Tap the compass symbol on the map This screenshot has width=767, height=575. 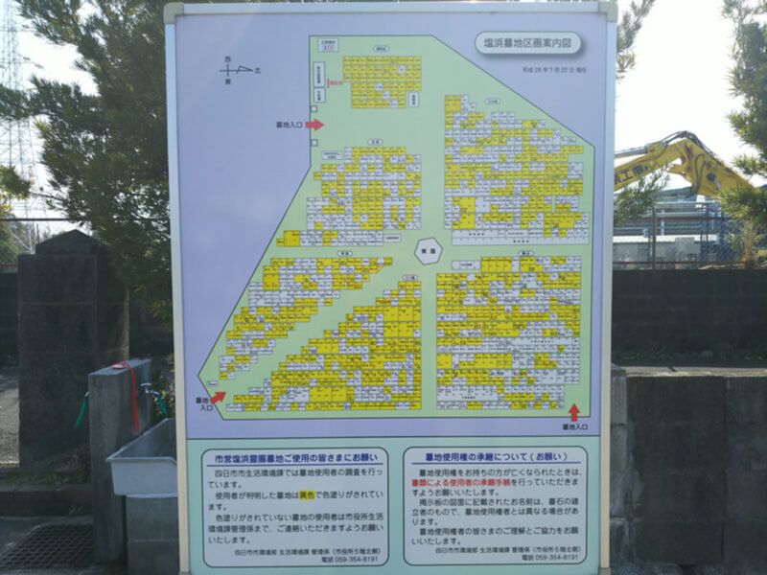click(236, 70)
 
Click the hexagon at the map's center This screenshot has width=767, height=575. click(428, 251)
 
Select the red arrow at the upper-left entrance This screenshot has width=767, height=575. click(314, 125)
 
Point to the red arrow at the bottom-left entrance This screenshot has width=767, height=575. click(218, 397)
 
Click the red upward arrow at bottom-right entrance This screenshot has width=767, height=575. click(573, 412)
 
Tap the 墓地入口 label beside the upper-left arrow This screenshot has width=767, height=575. click(289, 125)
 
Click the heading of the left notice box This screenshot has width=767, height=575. click(295, 456)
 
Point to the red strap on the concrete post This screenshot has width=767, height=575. click(129, 393)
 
